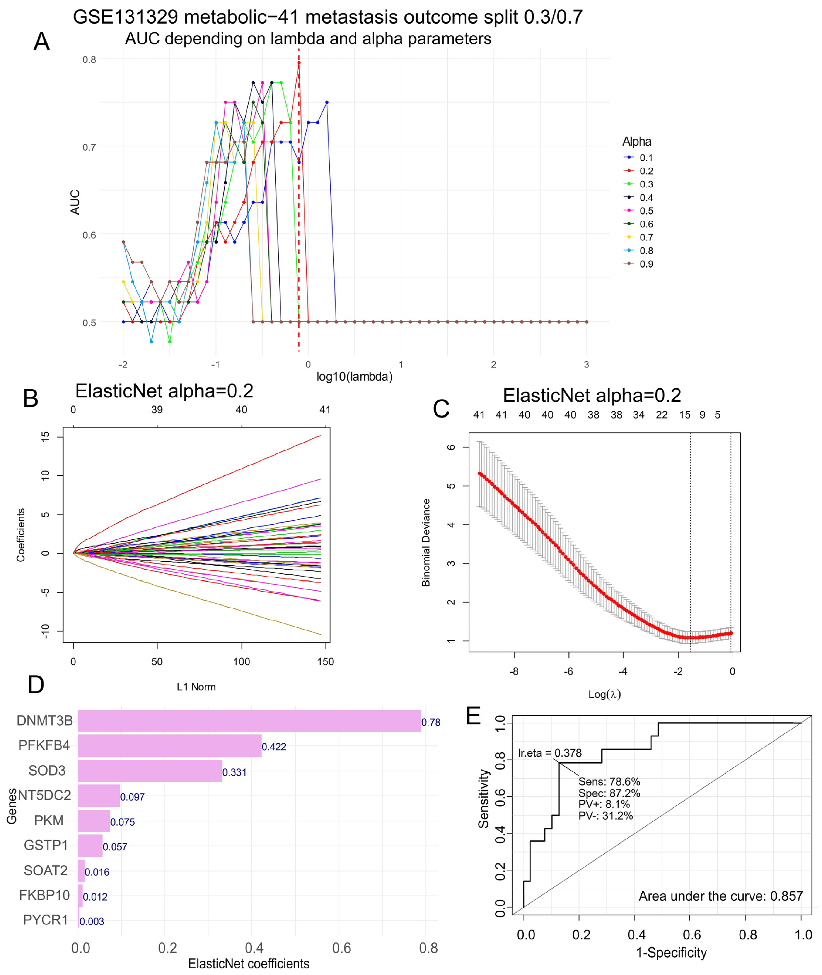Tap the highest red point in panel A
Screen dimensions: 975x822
point(299,62)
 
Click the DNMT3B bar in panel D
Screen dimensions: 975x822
point(249,721)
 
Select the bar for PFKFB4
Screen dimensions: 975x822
point(170,746)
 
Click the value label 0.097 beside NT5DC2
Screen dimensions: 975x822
point(132,797)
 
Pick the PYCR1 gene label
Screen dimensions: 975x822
point(46,920)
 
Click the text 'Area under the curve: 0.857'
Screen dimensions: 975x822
point(720,896)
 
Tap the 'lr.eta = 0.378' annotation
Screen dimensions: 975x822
point(550,753)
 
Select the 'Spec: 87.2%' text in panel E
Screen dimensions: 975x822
point(609,793)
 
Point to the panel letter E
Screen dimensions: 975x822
point(473,716)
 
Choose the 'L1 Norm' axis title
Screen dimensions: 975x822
point(196,687)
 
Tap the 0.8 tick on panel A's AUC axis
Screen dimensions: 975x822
point(89,60)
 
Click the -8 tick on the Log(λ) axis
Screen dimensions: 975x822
point(514,671)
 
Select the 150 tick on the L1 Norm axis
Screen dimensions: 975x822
point(325,662)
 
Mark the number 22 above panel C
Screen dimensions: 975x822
point(662,415)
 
